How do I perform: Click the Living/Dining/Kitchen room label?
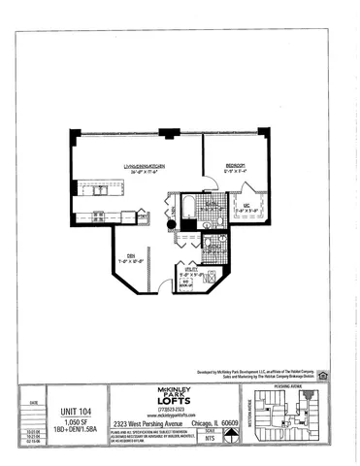pyautogui.click(x=143, y=167)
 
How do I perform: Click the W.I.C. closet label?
pyautogui.click(x=247, y=205)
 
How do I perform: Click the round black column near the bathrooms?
pyautogui.click(x=172, y=226)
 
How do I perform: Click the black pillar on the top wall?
pyautogui.click(x=166, y=132)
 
